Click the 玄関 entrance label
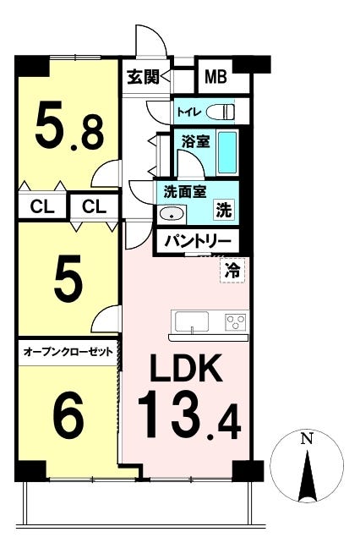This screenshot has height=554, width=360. click(144, 77)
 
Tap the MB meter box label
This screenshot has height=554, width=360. click(215, 76)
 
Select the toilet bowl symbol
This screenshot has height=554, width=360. click(221, 112)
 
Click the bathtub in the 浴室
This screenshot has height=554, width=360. click(226, 152)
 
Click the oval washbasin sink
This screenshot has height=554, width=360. click(172, 214)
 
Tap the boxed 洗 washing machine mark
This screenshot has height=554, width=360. click(224, 210)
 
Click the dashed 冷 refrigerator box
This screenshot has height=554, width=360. click(233, 271)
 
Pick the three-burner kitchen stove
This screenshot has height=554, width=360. click(236, 321)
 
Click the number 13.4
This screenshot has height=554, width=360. click(189, 414)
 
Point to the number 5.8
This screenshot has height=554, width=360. click(70, 125)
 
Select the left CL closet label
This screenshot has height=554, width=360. click(42, 206)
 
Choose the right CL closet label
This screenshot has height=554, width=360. click(94, 206)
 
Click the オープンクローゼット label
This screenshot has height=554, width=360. click(68, 352)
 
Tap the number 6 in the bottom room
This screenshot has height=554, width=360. click(68, 413)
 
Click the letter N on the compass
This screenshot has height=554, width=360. click(307, 439)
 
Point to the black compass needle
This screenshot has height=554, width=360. click(308, 475)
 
